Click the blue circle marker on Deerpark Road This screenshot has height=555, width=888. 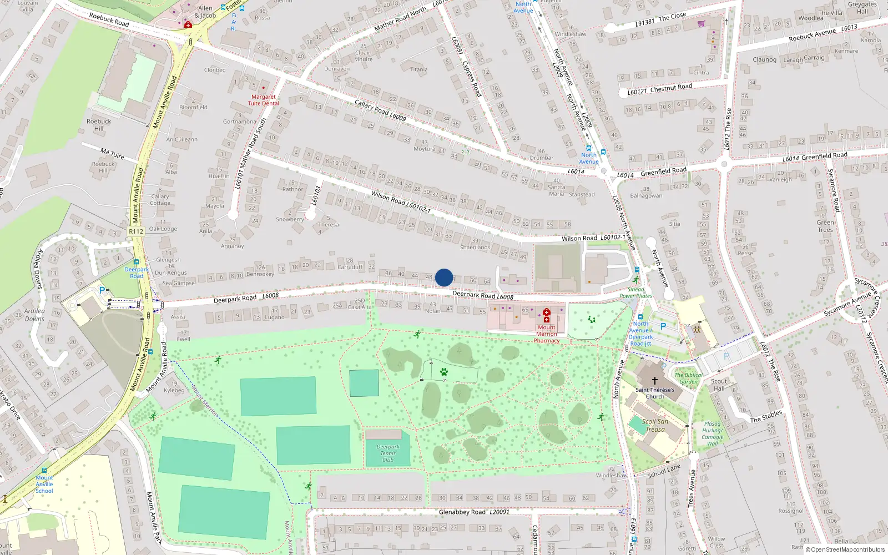444,277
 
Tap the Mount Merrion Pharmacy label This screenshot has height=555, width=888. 547,334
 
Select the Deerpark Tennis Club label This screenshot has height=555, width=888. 388,453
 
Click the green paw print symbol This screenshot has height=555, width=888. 444,372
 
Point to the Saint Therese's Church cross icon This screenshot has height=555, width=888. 655,381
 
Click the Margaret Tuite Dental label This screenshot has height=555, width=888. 263,100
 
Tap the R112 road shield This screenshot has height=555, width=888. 136,231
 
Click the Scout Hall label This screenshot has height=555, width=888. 719,385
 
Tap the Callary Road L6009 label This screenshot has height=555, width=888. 380,110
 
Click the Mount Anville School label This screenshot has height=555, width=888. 44,484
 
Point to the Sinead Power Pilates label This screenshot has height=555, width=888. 635,292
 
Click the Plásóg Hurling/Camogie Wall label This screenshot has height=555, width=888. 712,433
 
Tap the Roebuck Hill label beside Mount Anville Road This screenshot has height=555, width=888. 99,125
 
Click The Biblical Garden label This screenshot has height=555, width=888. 688,378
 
